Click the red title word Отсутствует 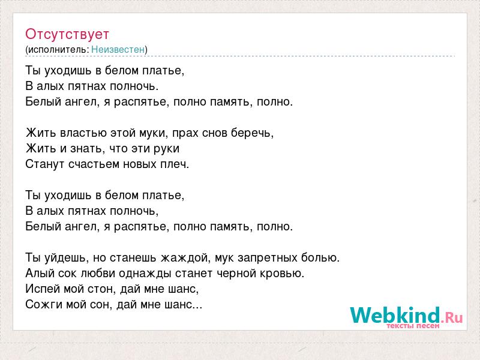67,34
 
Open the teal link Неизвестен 118,49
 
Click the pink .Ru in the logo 452,317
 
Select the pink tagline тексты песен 413,326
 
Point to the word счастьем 94,164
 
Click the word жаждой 186,258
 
